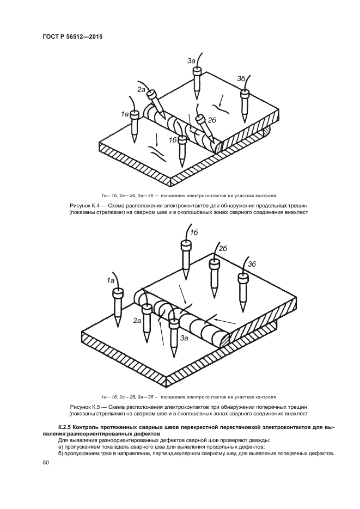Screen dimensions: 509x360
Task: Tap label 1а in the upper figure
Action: (125, 114)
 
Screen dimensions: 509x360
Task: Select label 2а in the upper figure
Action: (142, 89)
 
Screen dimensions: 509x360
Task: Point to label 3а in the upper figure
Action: (191, 62)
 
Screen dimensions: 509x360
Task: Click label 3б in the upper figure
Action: (241, 78)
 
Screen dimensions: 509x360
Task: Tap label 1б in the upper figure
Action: (173, 140)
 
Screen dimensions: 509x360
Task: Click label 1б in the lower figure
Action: (194, 233)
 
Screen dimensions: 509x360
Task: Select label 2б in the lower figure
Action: (222, 248)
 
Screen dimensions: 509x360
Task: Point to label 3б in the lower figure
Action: (252, 264)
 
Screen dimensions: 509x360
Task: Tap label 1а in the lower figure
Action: (110, 280)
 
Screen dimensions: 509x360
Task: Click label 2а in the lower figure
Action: (137, 321)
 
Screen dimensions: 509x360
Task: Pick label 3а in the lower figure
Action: (184, 338)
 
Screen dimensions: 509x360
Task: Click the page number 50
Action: (45, 462)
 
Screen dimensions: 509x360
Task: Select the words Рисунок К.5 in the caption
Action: (84, 407)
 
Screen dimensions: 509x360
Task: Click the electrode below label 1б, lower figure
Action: (186, 256)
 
